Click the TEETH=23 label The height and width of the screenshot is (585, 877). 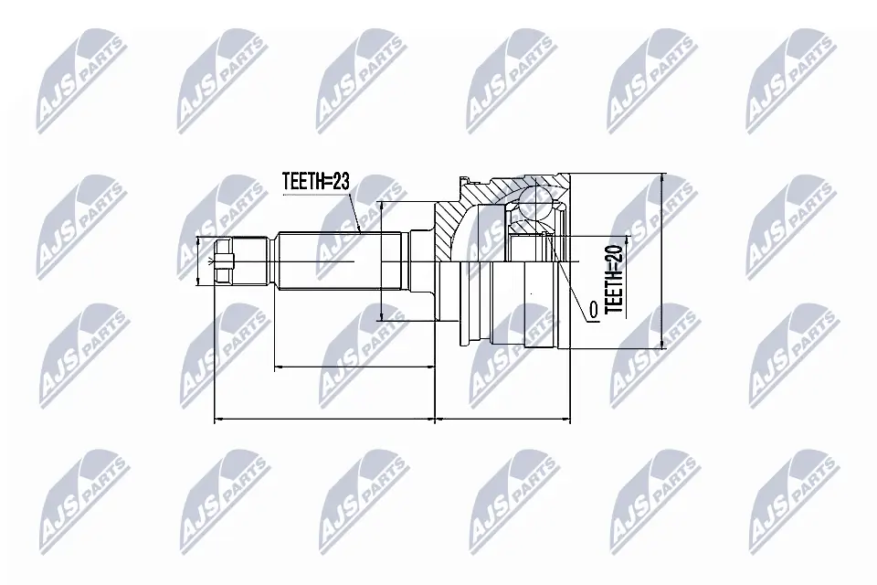coord(315,182)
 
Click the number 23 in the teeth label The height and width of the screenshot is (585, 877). coord(339,182)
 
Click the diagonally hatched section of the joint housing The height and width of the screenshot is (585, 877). coord(452,229)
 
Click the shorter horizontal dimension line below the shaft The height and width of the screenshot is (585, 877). coord(354,367)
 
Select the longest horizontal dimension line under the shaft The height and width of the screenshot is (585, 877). coord(323,420)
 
